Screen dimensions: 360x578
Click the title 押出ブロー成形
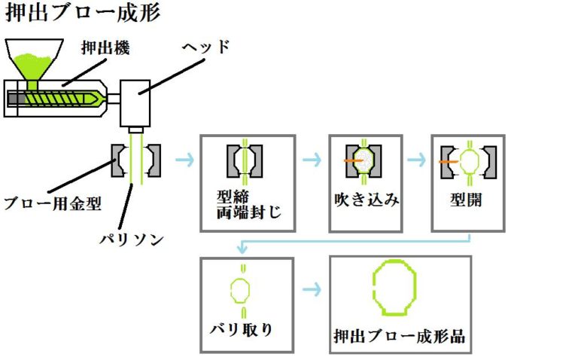coord(83,14)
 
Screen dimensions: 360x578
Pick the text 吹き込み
coord(366,200)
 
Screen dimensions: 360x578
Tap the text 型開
coord(468,201)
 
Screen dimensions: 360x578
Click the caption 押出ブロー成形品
coord(400,336)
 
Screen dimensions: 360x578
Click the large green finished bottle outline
coord(394,287)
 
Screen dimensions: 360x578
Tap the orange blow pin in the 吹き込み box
coord(350,160)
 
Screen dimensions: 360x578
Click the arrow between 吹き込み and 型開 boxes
coord(416,160)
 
